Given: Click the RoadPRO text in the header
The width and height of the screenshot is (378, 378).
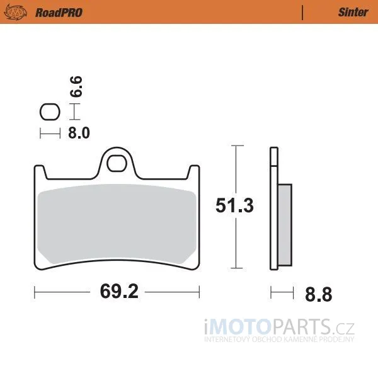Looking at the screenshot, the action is [x=59, y=13].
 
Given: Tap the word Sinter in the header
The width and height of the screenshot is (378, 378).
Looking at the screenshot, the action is [x=353, y=13].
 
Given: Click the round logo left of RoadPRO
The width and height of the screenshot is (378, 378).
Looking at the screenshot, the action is [x=16, y=13].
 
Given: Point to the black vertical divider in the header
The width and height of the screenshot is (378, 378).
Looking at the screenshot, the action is [x=302, y=13].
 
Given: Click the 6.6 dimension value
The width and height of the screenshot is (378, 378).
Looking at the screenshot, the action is [x=76, y=86].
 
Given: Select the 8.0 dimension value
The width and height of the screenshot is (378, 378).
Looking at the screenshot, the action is [x=79, y=133].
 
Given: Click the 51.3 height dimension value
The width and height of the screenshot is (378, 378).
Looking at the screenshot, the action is [x=234, y=205].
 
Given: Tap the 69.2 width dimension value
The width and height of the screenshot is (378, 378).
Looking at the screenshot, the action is [x=119, y=291].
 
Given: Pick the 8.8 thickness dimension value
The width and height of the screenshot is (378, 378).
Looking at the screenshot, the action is [x=318, y=294].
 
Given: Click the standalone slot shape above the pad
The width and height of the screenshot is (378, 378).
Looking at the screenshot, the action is [x=50, y=112].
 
